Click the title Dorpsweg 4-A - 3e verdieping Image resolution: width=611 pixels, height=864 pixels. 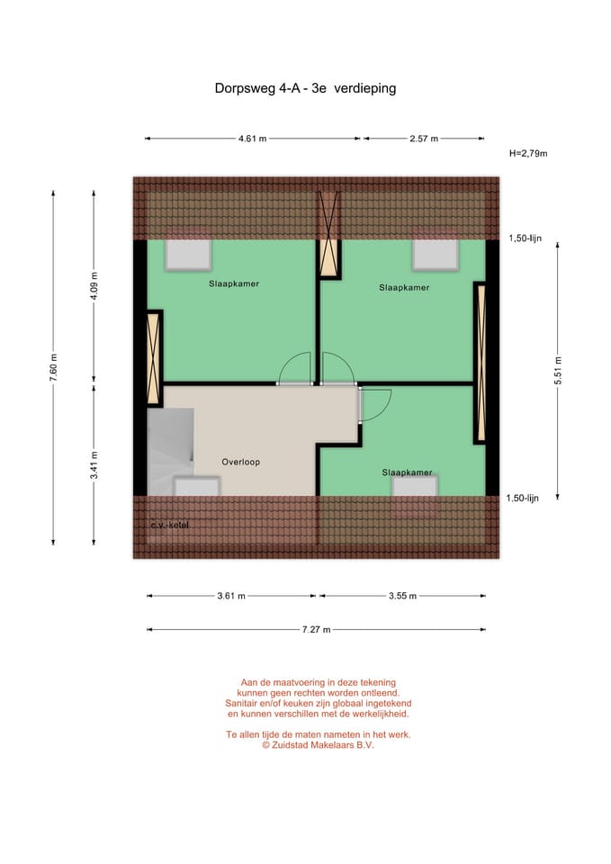[x=305, y=89]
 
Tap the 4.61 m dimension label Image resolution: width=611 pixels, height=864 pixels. [x=253, y=139]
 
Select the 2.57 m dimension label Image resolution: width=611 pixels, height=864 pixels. [x=423, y=139]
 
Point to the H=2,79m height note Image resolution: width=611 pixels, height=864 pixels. [x=528, y=154]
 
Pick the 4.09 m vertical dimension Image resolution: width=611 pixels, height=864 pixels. [x=94, y=287]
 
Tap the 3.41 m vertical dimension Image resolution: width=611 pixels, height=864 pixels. [x=94, y=466]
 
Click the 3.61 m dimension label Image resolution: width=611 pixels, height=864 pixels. [x=230, y=596]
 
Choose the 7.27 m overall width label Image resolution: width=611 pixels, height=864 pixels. [x=316, y=629]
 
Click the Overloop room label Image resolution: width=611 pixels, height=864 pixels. [x=240, y=462]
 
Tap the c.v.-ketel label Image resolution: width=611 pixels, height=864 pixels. [x=170, y=525]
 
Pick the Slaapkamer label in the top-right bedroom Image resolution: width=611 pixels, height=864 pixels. [x=404, y=288]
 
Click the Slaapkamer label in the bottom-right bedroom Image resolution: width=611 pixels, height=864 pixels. [x=407, y=472]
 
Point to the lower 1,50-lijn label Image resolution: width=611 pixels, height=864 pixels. [x=522, y=498]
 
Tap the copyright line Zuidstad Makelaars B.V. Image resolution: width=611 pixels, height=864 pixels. [x=318, y=745]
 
